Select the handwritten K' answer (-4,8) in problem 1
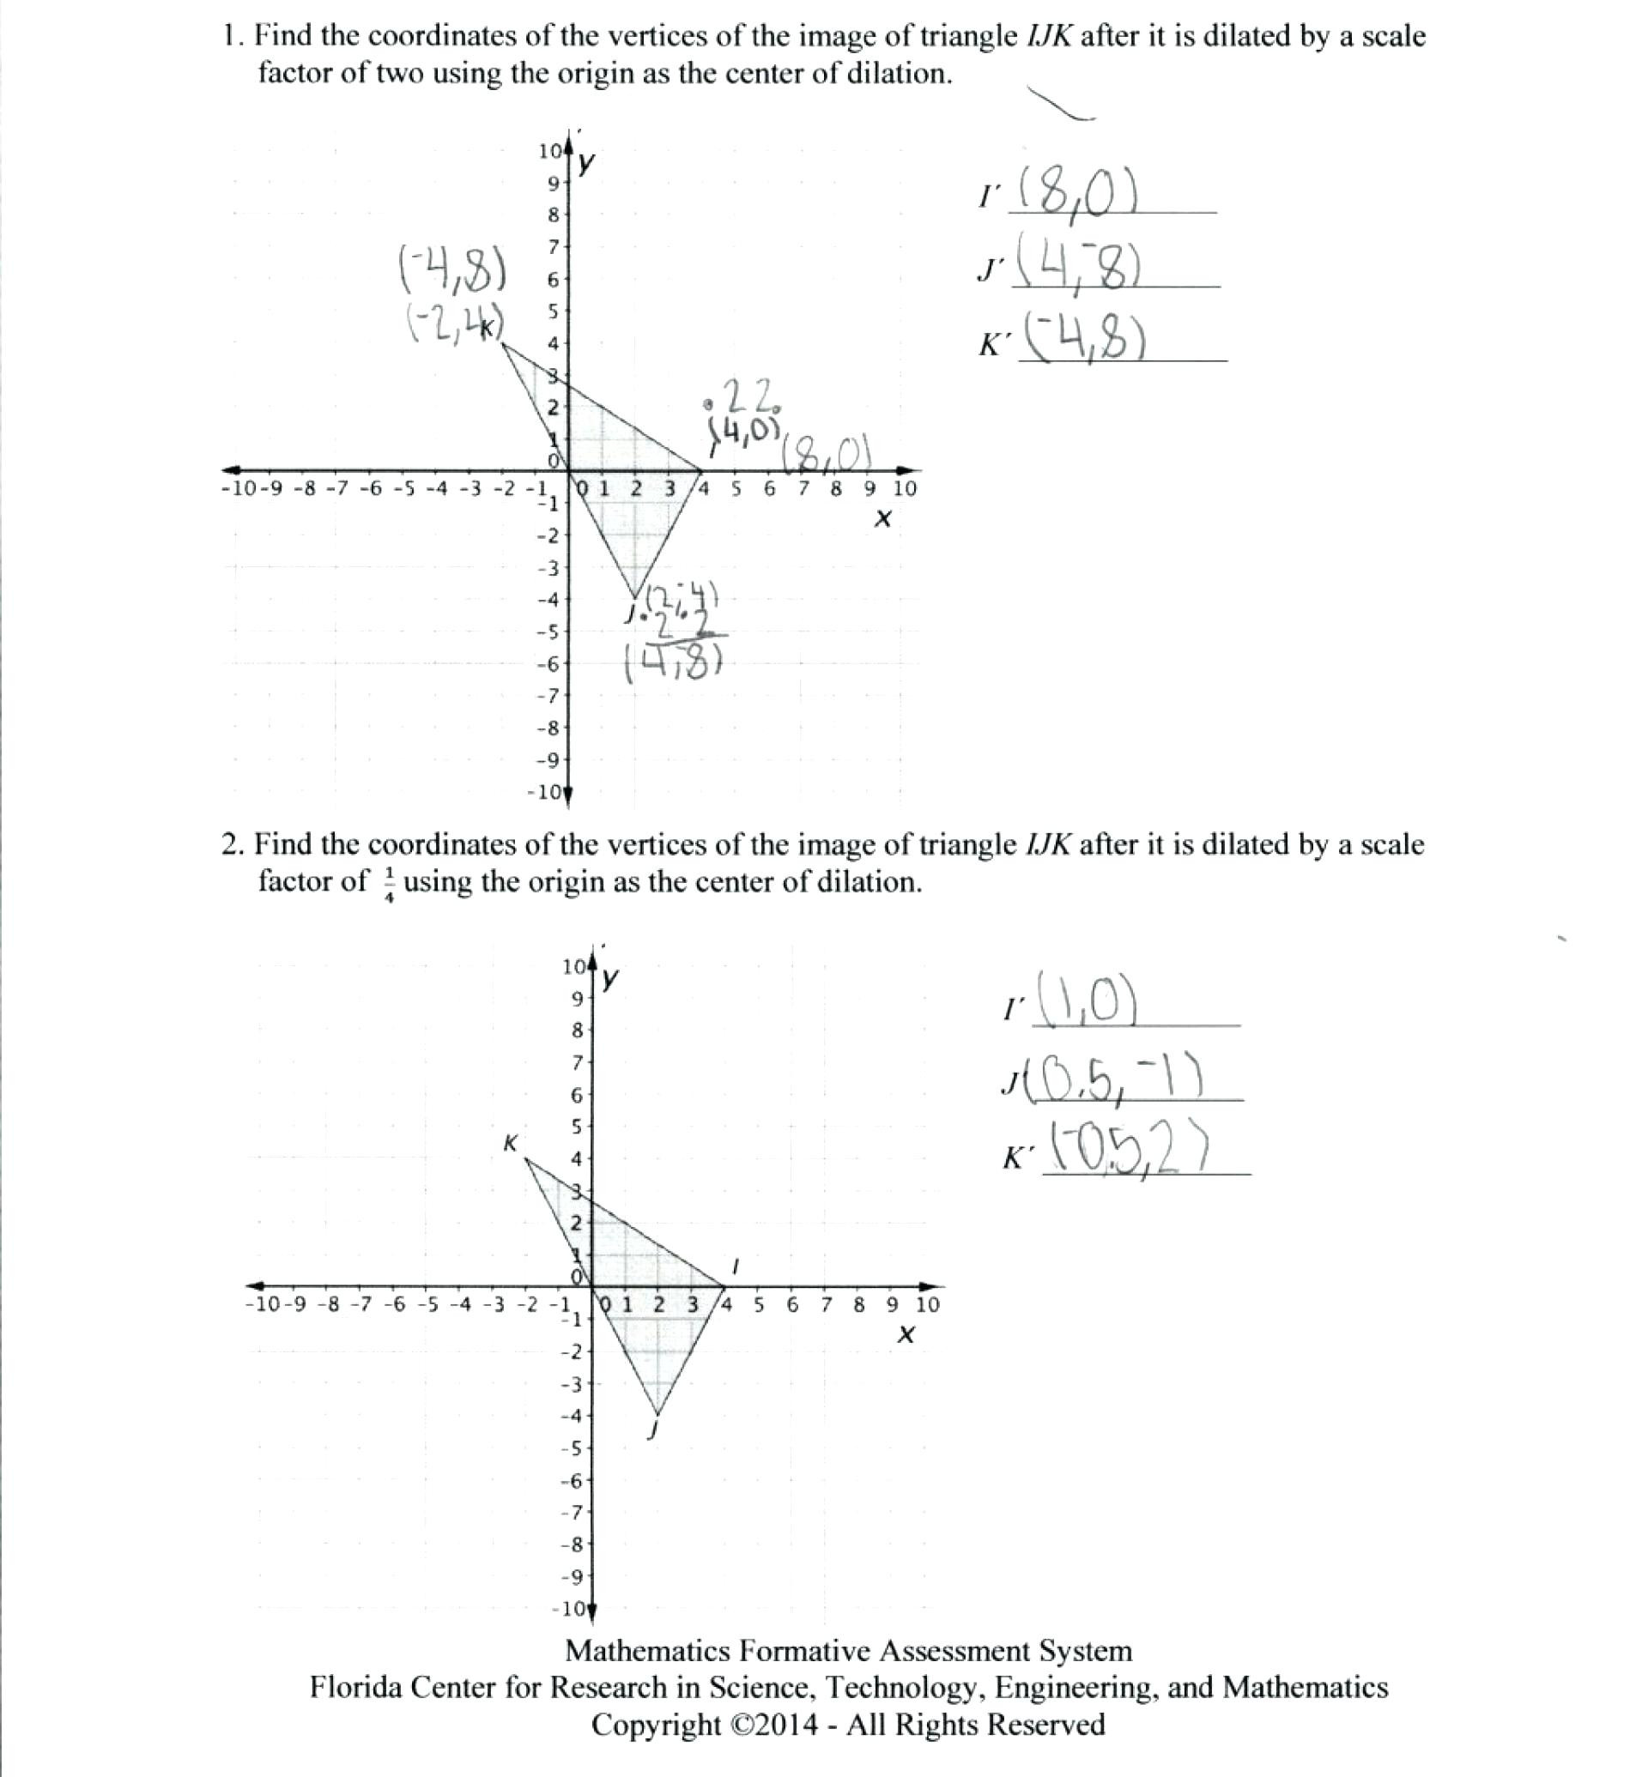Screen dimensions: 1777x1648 pos(1083,338)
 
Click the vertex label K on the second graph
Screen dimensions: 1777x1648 pos(511,1143)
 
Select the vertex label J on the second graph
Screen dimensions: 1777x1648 pos(655,1431)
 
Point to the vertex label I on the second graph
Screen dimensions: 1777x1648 pos(736,1266)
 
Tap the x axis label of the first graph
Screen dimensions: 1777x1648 pos(883,519)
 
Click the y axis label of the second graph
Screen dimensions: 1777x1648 pos(610,979)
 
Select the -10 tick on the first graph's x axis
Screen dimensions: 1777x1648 pos(237,488)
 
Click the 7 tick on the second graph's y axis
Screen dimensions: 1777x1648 pos(577,1062)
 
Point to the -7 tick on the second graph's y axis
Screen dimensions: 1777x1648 pos(572,1512)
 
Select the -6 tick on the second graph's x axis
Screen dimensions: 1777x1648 pos(394,1304)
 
